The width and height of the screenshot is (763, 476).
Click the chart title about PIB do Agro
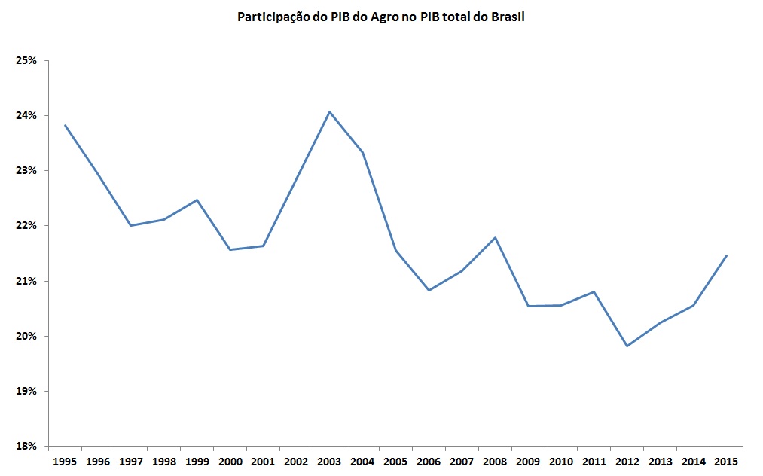coord(380,17)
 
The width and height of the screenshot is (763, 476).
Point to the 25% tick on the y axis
coord(27,60)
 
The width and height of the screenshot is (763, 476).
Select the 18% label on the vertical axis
coord(27,446)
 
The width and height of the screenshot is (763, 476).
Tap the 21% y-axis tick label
coord(27,281)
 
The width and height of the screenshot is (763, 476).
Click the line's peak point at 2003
coord(329,112)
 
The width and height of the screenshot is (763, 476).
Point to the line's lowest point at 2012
coord(627,346)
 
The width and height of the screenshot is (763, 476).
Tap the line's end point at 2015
coord(726,255)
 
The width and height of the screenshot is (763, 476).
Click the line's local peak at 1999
coord(197,200)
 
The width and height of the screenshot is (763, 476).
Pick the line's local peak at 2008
coord(495,238)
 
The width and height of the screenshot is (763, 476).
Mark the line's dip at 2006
coord(429,290)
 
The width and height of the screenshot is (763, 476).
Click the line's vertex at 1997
coord(131,225)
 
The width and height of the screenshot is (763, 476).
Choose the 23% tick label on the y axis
coord(27,170)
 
